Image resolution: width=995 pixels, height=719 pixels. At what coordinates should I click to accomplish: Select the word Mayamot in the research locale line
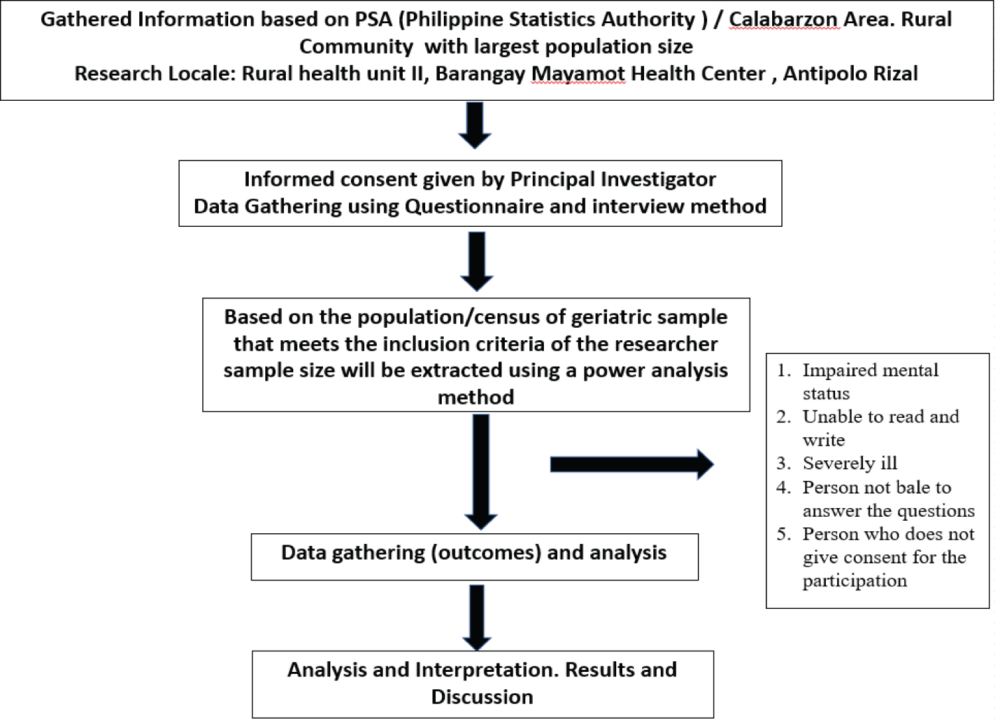pyautogui.click(x=578, y=73)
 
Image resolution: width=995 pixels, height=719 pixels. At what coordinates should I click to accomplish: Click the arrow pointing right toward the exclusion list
pyautogui.click(x=631, y=464)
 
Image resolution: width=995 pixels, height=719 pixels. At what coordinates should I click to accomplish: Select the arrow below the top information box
pyautogui.click(x=475, y=125)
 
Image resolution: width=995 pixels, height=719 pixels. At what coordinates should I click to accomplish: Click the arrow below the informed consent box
pyautogui.click(x=476, y=261)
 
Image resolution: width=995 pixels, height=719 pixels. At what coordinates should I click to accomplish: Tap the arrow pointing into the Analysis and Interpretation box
pyautogui.click(x=476, y=617)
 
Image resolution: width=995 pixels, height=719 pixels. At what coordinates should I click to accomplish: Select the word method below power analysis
pyautogui.click(x=476, y=397)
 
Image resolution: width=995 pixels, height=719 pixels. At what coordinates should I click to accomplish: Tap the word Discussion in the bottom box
pyautogui.click(x=482, y=697)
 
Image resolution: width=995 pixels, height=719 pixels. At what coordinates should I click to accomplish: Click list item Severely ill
pyautogui.click(x=849, y=463)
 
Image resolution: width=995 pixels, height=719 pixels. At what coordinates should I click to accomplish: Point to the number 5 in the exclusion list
pyautogui.click(x=783, y=534)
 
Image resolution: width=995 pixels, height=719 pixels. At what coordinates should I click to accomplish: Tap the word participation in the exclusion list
pyautogui.click(x=854, y=580)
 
